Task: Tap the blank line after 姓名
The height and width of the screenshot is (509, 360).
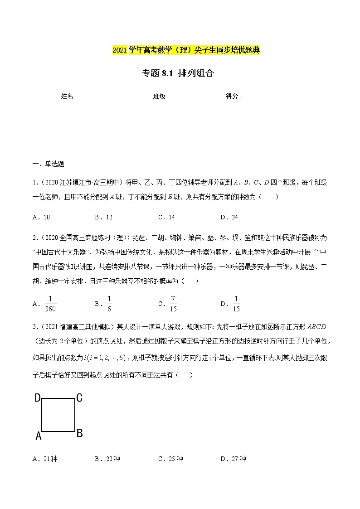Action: (108, 97)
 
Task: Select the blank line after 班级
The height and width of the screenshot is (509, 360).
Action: (194, 97)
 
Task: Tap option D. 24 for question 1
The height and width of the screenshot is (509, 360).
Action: (229, 217)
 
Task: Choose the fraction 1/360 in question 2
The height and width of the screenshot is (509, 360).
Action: (50, 303)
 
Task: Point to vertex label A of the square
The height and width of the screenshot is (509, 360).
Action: (39, 436)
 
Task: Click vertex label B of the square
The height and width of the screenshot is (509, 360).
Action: (79, 433)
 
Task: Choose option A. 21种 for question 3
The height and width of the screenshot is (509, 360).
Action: (45, 459)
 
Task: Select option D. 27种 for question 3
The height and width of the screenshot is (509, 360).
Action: (233, 459)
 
